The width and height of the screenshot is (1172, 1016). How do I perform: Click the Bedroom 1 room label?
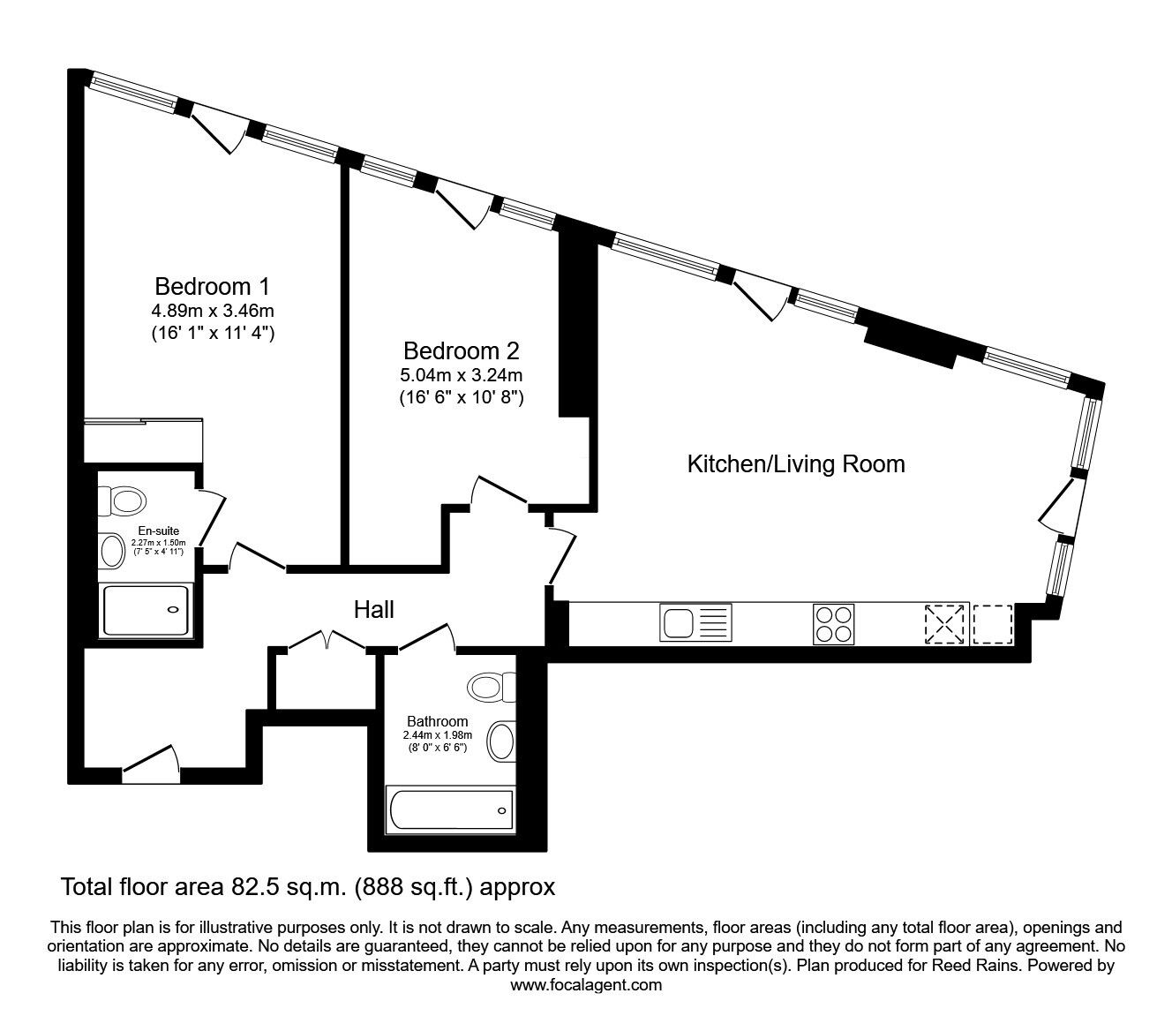point(212,287)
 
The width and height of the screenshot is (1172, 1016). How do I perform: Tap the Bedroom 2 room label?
point(461,350)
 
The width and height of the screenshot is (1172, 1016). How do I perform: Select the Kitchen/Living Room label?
point(796,463)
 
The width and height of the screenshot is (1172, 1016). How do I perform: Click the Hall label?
point(373,609)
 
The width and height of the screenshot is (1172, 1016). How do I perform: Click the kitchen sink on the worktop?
point(695,623)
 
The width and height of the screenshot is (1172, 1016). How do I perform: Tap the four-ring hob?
point(833,623)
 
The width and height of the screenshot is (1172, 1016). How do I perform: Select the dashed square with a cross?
point(946,624)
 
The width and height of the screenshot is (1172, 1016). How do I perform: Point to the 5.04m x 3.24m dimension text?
point(461,374)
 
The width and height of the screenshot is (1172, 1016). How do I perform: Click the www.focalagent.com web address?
point(586,985)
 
